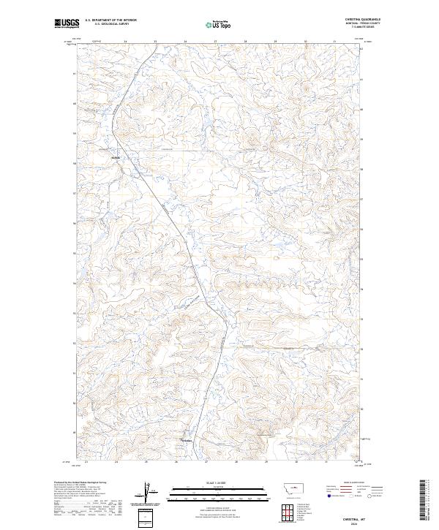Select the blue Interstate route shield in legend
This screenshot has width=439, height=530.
pos(327,495)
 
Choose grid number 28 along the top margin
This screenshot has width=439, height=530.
pos(245,42)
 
